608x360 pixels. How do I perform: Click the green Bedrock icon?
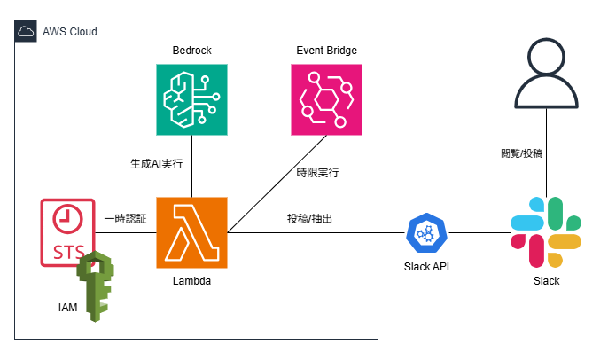tap(191, 99)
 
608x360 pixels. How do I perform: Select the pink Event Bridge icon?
tap(326, 99)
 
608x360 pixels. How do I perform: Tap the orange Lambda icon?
tap(191, 232)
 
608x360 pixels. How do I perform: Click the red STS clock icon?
tap(68, 232)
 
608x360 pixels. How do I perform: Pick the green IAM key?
tap(96, 286)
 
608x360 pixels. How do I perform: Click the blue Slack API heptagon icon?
tap(426, 233)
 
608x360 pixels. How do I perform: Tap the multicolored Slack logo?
tap(546, 232)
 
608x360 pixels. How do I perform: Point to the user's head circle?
tap(546, 57)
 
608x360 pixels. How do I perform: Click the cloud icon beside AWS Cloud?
tap(26, 31)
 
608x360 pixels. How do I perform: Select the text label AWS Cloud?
tap(70, 32)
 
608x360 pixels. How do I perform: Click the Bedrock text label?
tap(192, 51)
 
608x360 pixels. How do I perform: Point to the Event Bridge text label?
tap(326, 51)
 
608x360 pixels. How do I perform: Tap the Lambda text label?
tap(192, 281)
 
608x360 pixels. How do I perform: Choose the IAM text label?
tap(68, 307)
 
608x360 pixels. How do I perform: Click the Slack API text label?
tap(426, 267)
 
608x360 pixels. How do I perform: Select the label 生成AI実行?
tap(157, 164)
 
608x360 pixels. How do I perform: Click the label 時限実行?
tap(317, 173)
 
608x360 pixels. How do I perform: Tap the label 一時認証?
tap(125, 219)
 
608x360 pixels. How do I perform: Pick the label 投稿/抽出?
tap(309, 219)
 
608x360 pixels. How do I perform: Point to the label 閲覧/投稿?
tap(521, 153)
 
